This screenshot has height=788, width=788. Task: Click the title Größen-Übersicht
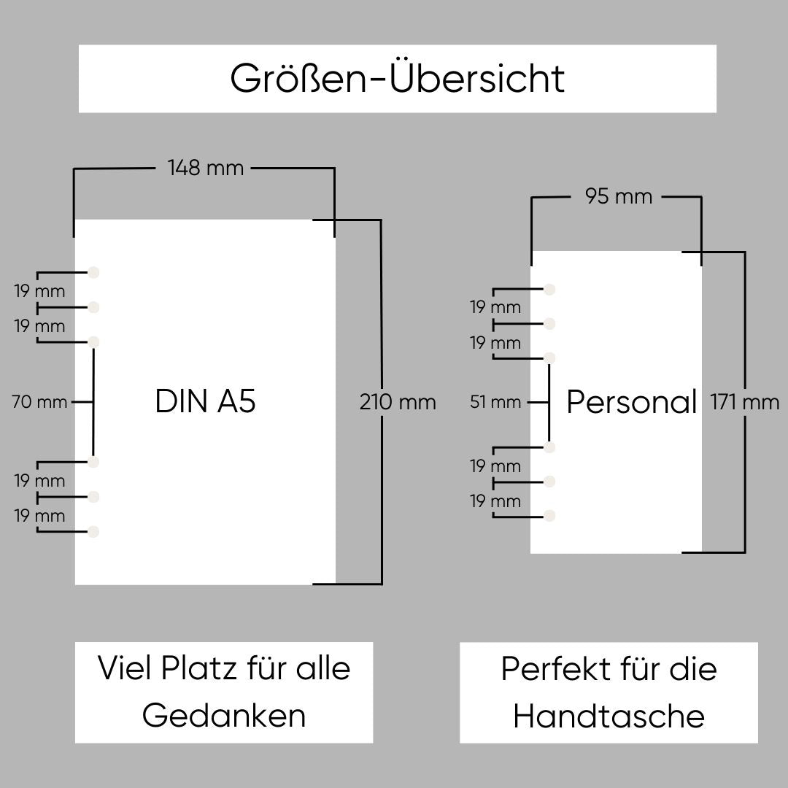point(397,79)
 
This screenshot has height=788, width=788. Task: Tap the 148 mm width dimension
point(206,168)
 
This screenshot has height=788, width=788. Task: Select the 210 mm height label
point(398,402)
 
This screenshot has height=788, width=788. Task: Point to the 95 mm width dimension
point(619,196)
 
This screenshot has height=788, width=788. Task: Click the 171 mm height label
point(744,402)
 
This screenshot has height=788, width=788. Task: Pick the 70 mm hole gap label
point(39,402)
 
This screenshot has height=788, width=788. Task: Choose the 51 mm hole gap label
point(495,402)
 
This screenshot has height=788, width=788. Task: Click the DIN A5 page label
point(205,401)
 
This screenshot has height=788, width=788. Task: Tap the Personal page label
point(632,402)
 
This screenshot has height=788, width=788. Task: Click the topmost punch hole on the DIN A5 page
point(93,272)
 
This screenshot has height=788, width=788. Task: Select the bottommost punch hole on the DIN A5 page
point(93,532)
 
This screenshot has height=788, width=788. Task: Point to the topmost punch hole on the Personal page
point(549,290)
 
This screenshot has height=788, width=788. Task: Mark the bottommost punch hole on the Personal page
point(549,516)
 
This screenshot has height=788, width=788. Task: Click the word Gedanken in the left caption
point(224,716)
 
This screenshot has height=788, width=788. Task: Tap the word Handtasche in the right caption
point(609,716)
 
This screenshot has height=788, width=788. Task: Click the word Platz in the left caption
point(198,668)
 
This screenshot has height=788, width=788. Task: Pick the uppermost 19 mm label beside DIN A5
point(39,291)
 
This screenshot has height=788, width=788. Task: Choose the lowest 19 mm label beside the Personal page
point(495,501)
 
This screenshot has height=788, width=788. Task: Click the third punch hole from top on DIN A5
point(93,342)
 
